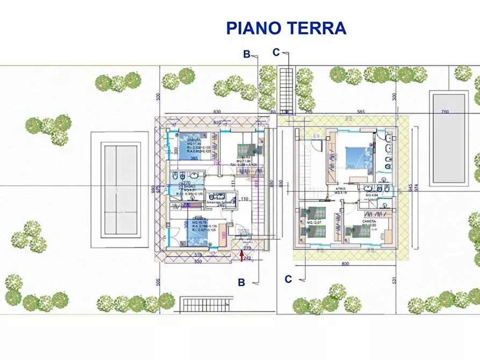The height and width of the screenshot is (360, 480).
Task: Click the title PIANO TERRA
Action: click(x=285, y=27)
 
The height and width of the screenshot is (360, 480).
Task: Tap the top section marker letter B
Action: click(x=246, y=54)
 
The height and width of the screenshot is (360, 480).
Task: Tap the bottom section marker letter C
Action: click(x=288, y=279)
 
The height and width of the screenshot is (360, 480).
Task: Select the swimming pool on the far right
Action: click(x=448, y=138)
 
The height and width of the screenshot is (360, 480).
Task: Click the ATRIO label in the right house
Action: click(x=340, y=189)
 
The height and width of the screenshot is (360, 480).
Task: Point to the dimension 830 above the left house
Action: click(x=217, y=111)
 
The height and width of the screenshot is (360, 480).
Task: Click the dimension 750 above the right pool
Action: click(x=445, y=112)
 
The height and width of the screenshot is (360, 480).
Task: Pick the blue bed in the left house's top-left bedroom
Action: click(x=191, y=141)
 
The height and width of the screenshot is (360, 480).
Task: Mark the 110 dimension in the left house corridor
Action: click(x=244, y=199)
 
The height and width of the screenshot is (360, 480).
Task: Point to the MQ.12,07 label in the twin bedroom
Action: click(x=313, y=222)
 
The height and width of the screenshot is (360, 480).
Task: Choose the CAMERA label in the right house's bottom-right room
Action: click(x=369, y=221)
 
